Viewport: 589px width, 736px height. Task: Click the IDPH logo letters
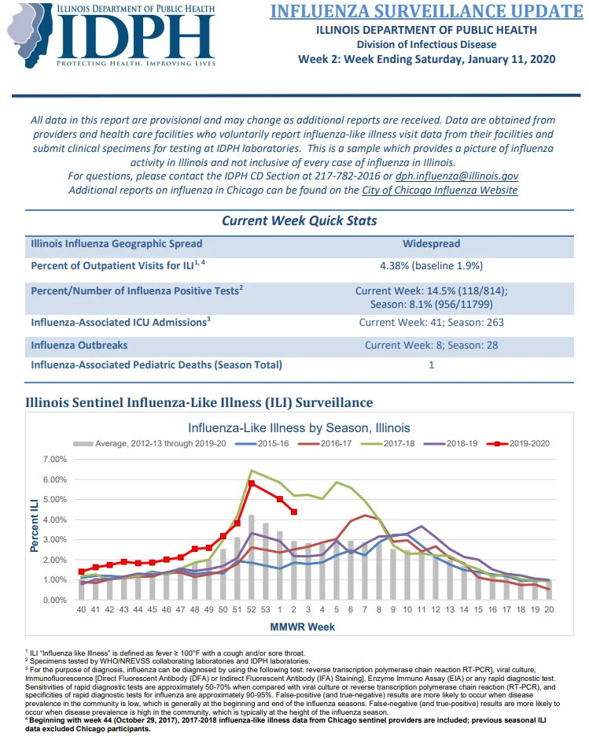135,37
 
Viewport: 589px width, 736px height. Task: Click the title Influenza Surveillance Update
426,11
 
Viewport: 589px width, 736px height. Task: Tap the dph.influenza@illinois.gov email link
457,176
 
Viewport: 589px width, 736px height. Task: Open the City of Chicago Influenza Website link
440,190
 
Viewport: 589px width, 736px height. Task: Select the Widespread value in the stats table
432,243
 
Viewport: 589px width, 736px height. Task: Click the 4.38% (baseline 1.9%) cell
432,266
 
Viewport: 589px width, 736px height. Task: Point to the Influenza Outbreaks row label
79,345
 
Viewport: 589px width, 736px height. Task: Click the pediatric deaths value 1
432,364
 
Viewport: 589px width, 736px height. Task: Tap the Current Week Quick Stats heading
299,220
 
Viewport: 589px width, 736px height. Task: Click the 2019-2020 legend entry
518,444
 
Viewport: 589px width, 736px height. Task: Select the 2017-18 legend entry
388,444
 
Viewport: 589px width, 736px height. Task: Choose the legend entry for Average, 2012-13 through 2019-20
149,444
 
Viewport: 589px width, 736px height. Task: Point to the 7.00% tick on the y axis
55,459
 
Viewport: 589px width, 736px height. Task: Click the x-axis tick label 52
252,609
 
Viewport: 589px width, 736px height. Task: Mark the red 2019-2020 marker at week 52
252,483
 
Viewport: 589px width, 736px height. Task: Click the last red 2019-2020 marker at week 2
294,512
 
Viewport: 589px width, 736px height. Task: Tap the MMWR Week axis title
303,627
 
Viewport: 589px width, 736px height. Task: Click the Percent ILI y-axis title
35,525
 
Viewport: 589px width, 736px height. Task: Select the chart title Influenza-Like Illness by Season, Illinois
299,428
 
